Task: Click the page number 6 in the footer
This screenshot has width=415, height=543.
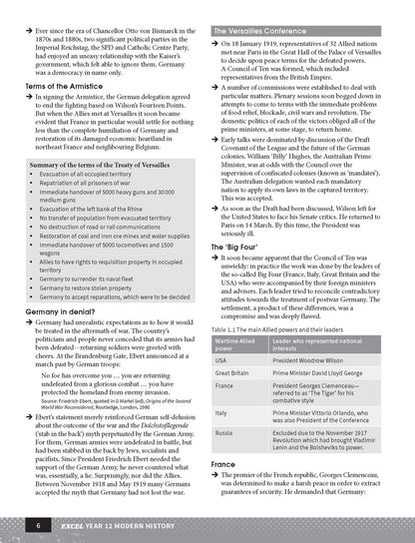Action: [x=38, y=523]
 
